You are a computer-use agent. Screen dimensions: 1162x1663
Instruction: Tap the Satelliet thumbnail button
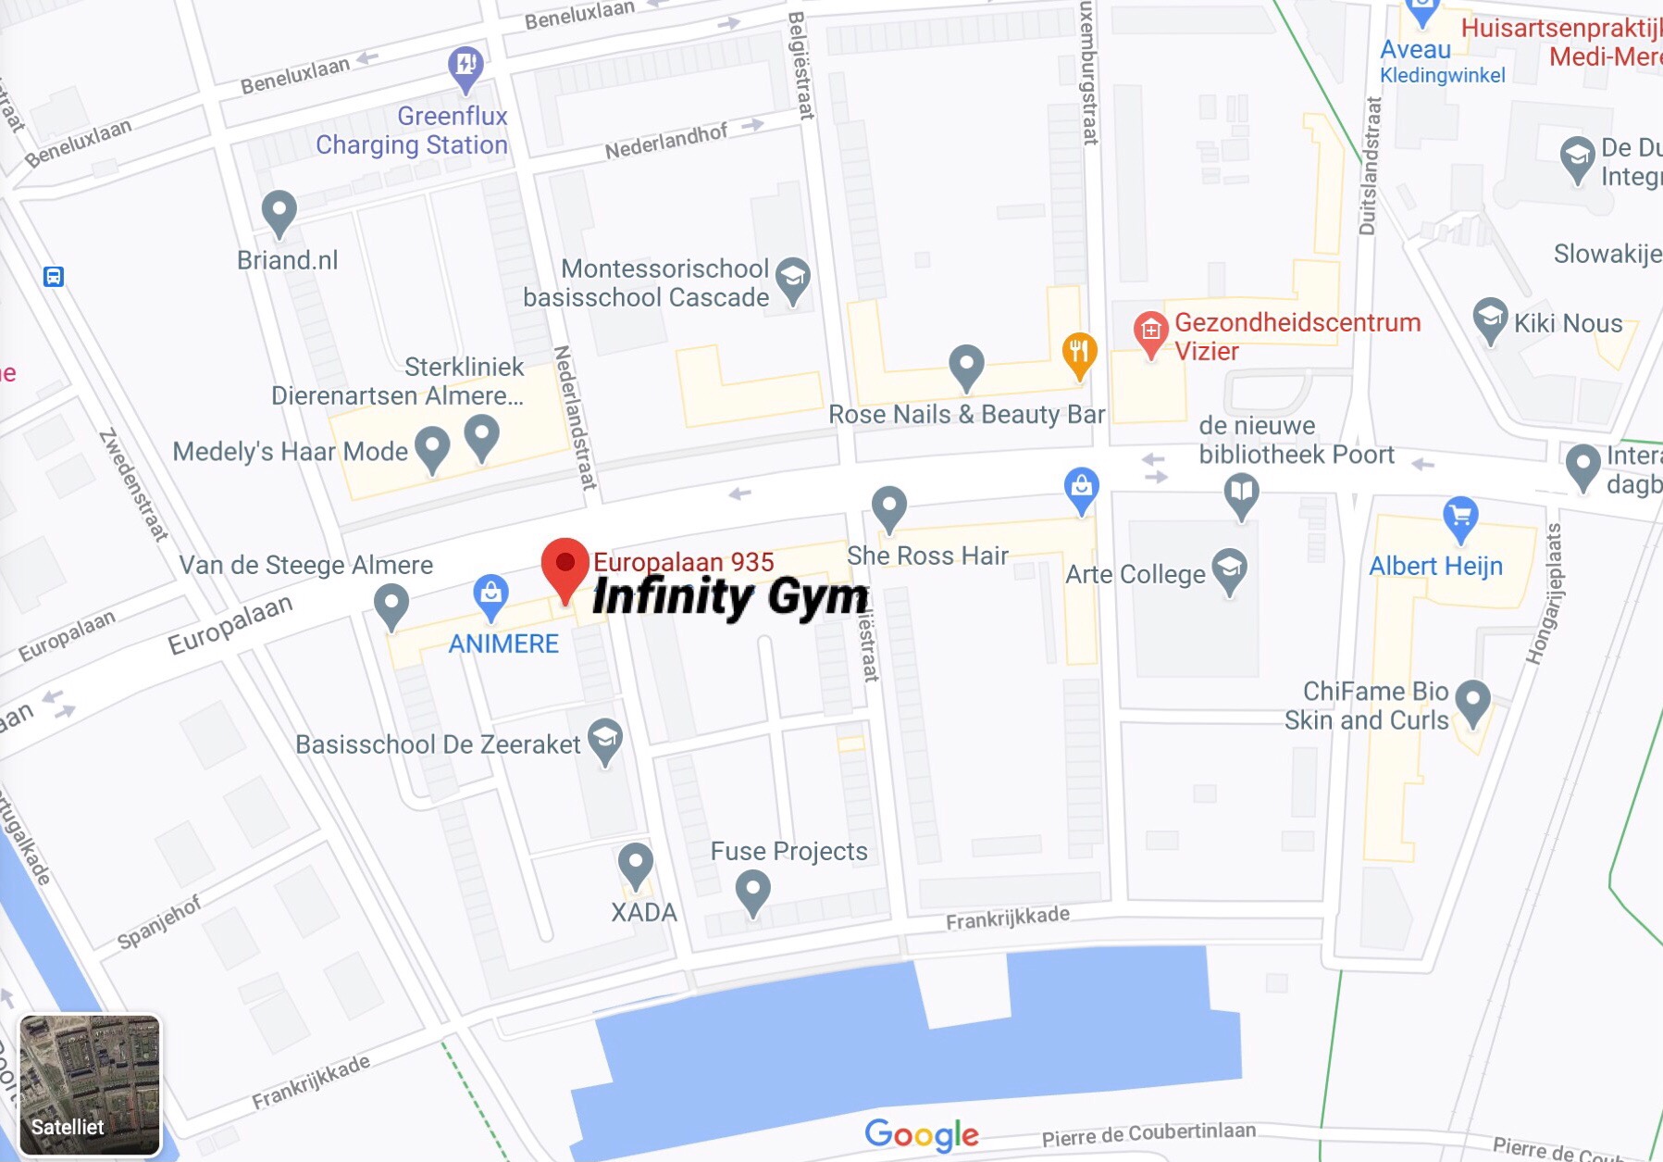tap(90, 1085)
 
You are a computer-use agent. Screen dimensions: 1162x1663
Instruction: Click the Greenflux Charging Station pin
tap(465, 67)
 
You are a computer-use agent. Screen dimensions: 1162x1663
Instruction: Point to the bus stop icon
tap(54, 277)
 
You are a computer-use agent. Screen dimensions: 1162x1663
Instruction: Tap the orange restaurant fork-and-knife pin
tap(1079, 353)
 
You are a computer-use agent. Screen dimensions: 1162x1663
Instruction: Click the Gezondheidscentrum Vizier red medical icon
tap(1150, 331)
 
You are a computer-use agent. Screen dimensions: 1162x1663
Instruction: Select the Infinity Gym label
tap(729, 597)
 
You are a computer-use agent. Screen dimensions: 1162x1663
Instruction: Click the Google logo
tap(921, 1134)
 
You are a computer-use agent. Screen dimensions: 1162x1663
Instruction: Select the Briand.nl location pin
tap(279, 211)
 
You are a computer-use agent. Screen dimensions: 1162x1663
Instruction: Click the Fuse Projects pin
tap(753, 892)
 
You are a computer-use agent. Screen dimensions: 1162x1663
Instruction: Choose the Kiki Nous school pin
tap(1490, 318)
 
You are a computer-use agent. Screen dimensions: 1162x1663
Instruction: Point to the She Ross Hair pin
tap(889, 506)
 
